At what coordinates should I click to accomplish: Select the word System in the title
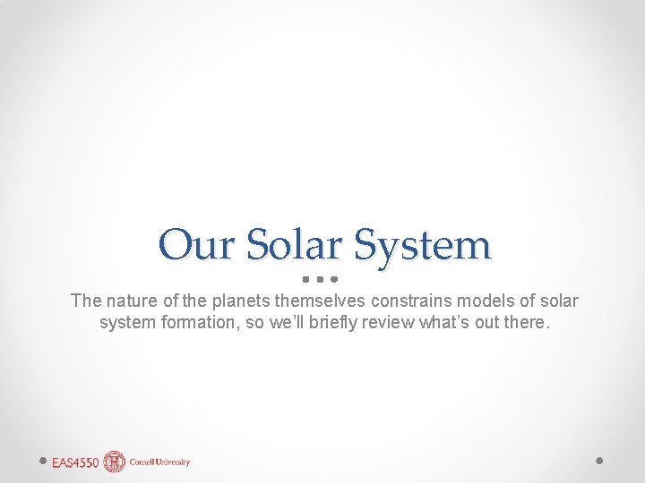pos(423,243)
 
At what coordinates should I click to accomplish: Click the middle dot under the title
pos(319,278)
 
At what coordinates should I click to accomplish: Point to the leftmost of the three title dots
pos(305,278)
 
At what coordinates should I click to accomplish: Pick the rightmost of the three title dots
pos(332,278)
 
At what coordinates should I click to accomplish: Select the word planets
pos(237,301)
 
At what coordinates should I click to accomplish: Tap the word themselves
pos(316,301)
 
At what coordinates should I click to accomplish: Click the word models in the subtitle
pos(486,301)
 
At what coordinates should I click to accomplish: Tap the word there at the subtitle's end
pos(524,322)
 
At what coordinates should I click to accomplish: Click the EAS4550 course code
pos(75,462)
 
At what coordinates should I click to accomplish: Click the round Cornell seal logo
pos(114,462)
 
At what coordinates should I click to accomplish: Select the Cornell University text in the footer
pos(159,462)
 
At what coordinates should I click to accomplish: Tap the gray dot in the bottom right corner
pos(599,461)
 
